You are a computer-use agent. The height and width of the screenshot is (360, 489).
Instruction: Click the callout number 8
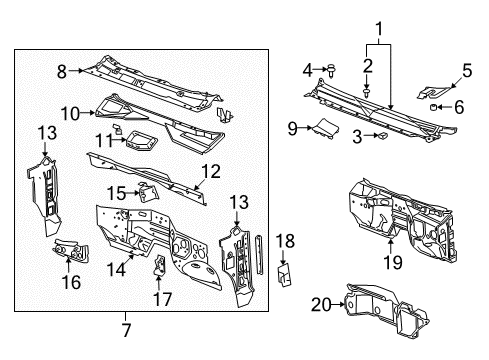(62, 71)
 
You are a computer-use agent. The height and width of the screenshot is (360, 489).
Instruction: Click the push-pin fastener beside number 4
(329, 69)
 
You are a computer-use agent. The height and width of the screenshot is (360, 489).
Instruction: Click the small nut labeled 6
(435, 105)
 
